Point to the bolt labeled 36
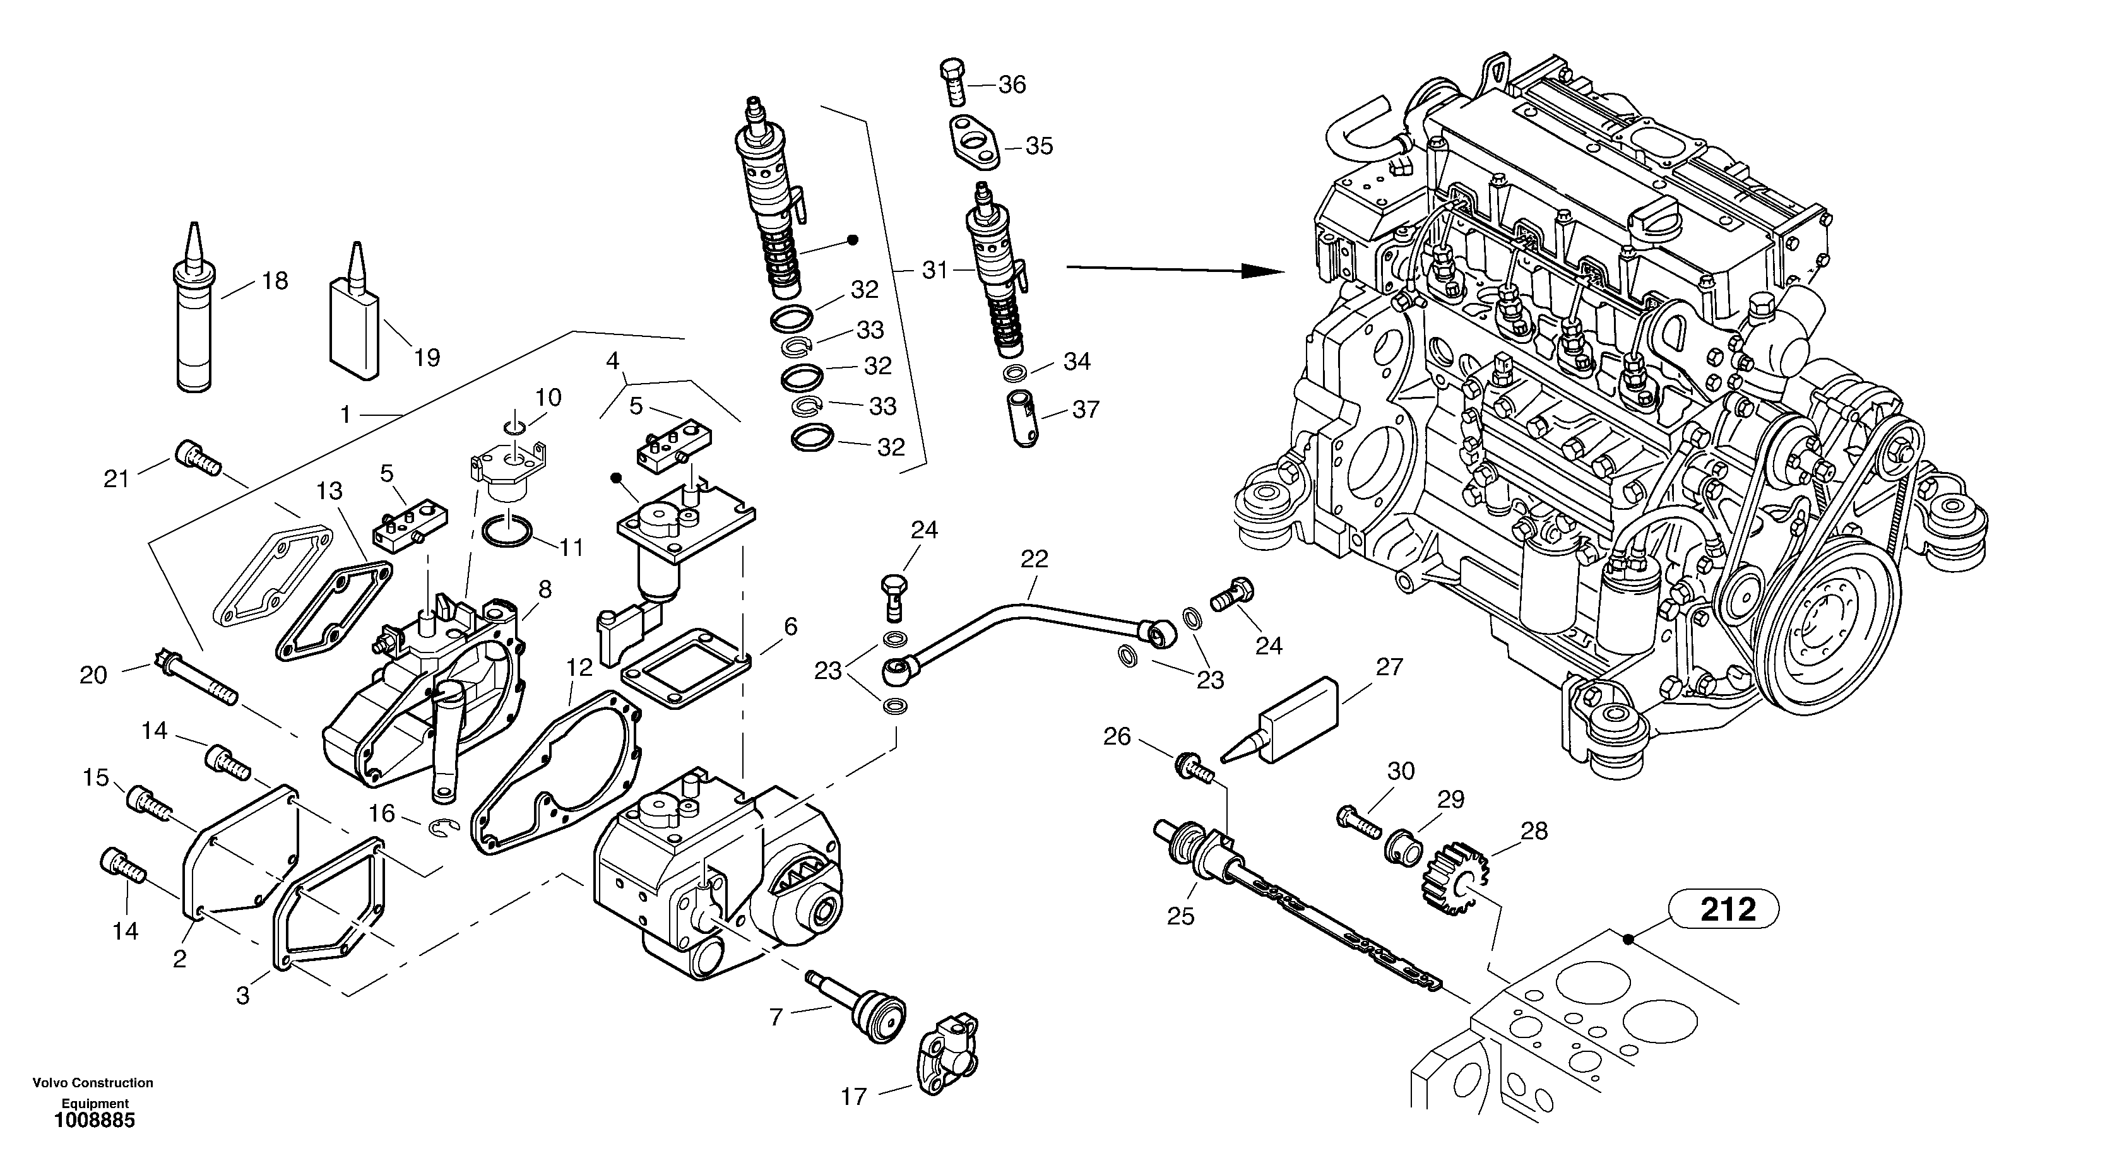(954, 84)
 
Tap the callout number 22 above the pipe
(1034, 560)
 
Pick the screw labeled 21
(197, 457)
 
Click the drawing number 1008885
(94, 1121)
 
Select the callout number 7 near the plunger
(776, 1017)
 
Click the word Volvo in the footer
(50, 1083)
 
